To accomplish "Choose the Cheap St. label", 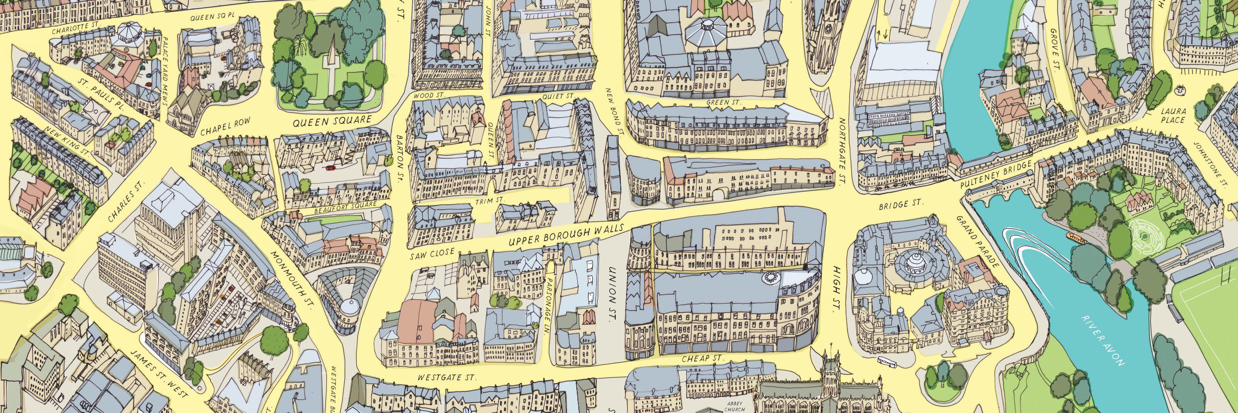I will (702, 359).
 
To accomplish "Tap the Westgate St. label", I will (447, 378).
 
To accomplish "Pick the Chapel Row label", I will (225, 127).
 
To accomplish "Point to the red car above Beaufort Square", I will (330, 168).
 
